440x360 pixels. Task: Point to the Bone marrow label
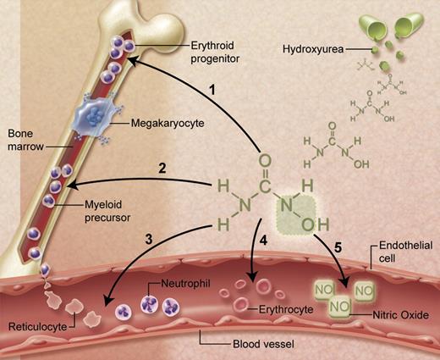(x=19, y=141)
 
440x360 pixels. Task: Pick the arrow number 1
(x=215, y=88)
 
